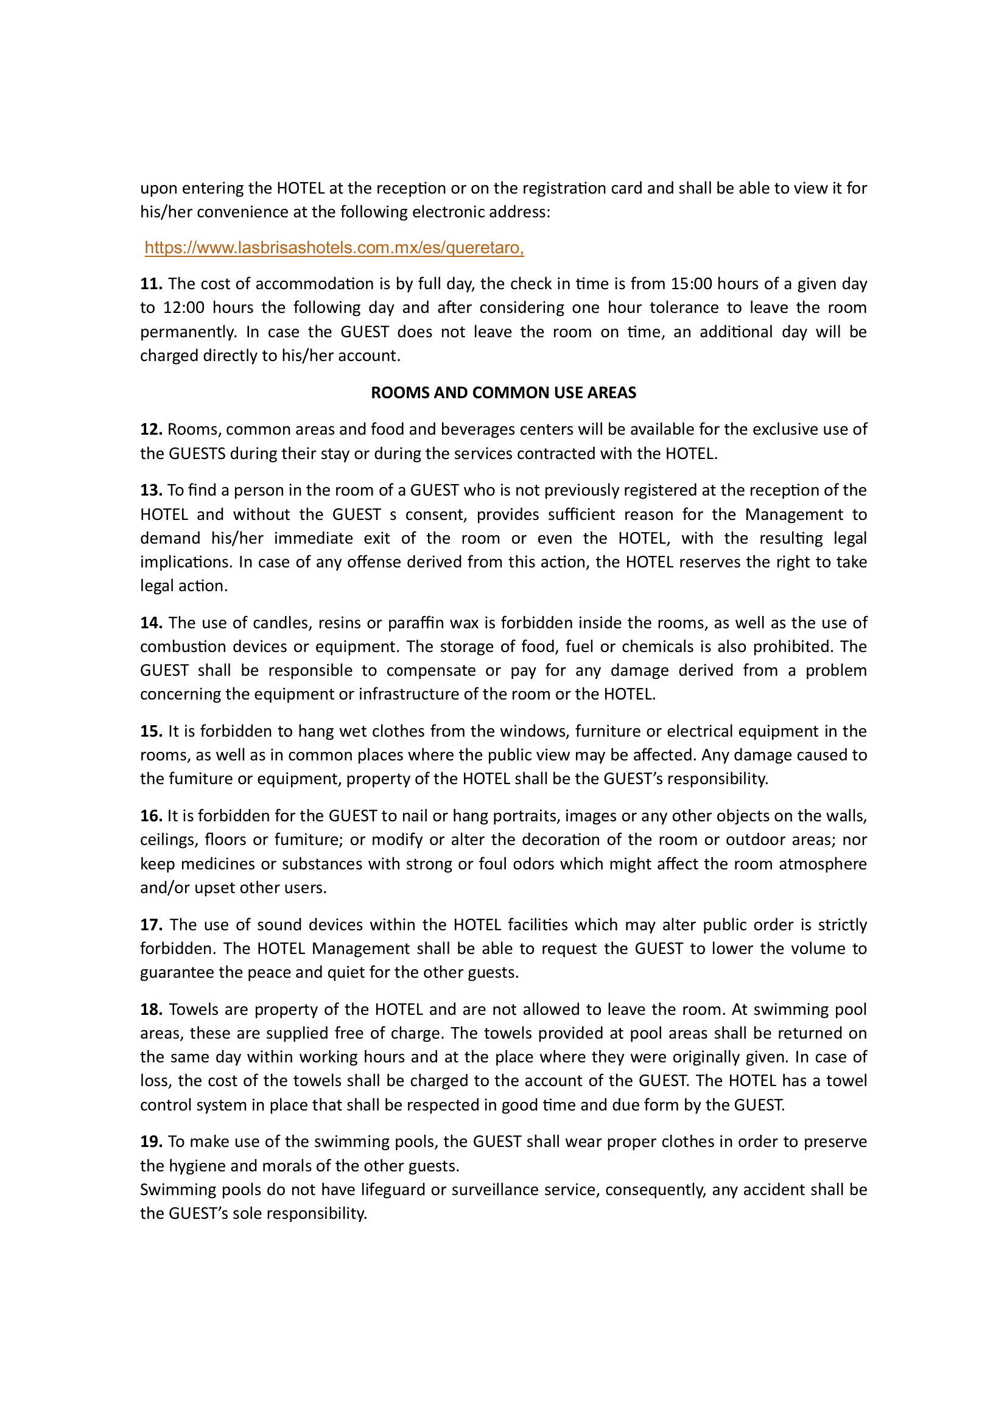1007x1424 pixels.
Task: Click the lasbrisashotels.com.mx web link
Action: [334, 247]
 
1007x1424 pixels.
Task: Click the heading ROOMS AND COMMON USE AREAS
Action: [503, 393]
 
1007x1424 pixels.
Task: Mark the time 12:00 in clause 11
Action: [183, 307]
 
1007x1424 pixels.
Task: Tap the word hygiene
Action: [198, 1166]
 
